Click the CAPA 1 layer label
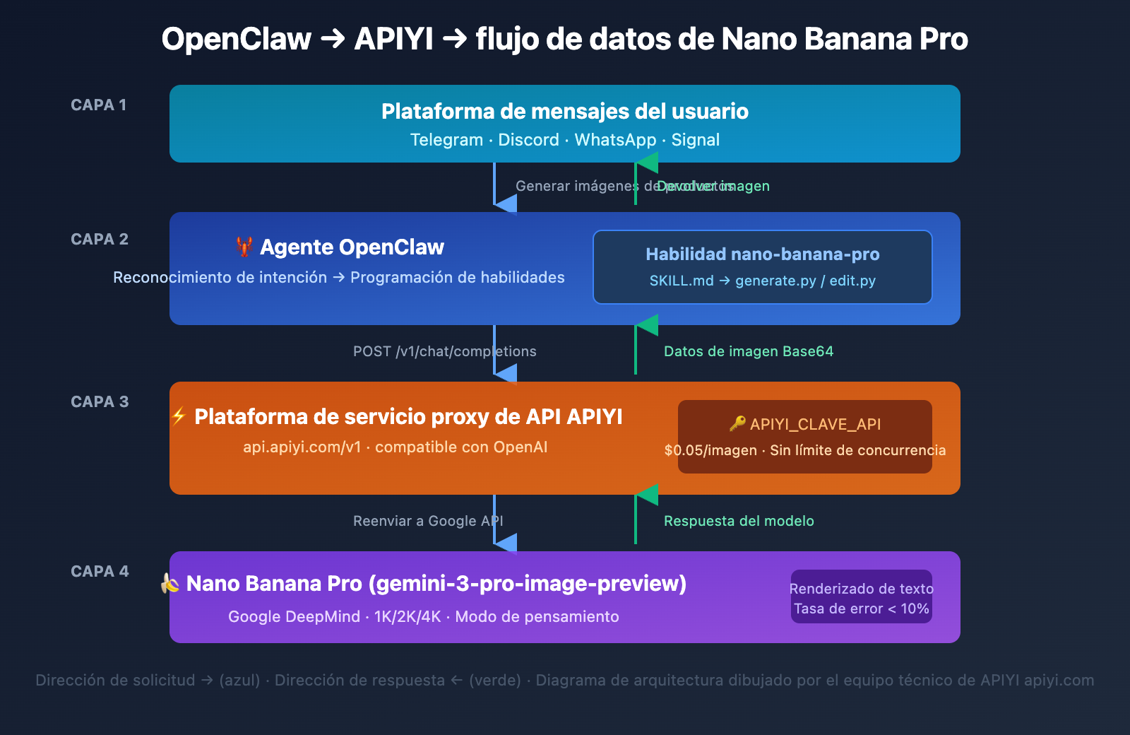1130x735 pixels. tap(98, 105)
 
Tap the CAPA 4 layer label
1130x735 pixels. tap(100, 572)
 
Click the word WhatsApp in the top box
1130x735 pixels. tap(615, 140)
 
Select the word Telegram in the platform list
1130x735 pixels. tap(446, 140)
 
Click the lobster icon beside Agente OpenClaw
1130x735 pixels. tap(244, 247)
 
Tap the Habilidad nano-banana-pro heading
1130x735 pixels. tap(762, 254)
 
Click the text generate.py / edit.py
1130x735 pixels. tap(805, 281)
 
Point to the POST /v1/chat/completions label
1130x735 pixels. tap(444, 351)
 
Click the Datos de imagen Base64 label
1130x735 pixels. tap(748, 351)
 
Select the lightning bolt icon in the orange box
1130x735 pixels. tap(179, 416)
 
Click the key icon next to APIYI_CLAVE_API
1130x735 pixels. tap(737, 424)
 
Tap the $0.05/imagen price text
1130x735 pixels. tap(710, 451)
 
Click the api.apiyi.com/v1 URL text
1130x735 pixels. tap(302, 447)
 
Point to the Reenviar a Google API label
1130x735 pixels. tap(428, 521)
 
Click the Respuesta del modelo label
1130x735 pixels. tap(738, 521)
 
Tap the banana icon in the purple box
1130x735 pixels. tap(170, 584)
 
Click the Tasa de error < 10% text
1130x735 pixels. tap(861, 608)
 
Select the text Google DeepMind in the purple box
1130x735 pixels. tap(294, 617)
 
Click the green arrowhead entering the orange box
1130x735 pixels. tap(647, 495)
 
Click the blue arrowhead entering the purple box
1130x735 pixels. tap(506, 543)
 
